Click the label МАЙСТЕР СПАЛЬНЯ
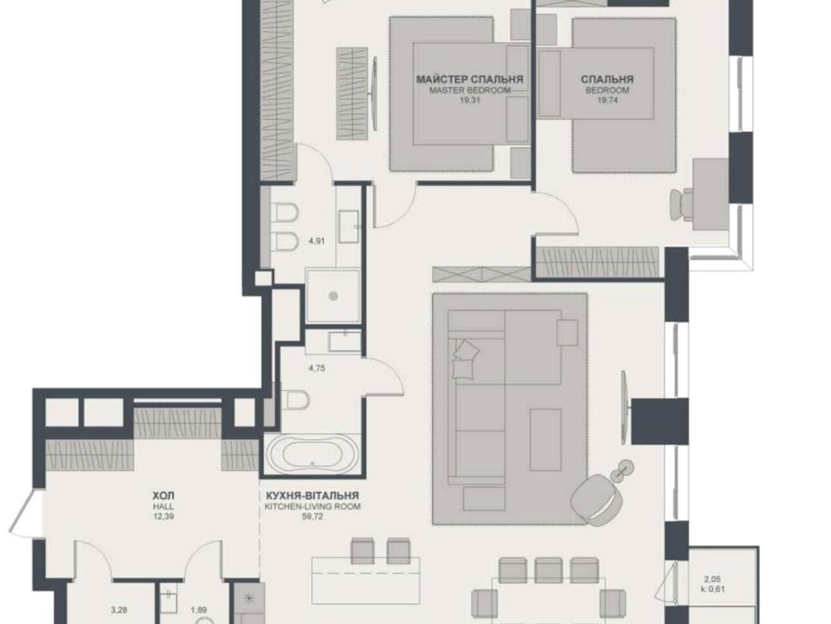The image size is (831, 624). [x=469, y=80]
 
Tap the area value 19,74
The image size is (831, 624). [x=608, y=99]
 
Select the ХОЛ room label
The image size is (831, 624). [x=164, y=496]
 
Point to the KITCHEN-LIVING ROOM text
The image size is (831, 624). [x=312, y=507]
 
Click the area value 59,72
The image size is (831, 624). [x=312, y=516]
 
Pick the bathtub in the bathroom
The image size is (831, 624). [x=312, y=454]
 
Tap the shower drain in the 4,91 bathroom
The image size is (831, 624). [x=332, y=296]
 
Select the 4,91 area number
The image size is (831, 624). [x=317, y=240]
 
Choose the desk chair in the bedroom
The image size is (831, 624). [x=682, y=203]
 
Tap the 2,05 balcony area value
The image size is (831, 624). [x=712, y=580]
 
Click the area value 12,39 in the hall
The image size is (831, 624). [x=164, y=516]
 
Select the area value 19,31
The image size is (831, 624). [x=469, y=99]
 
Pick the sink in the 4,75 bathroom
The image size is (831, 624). [x=345, y=341]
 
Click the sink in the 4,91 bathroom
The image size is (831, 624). [x=349, y=225]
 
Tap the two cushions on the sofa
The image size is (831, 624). [x=466, y=357]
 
